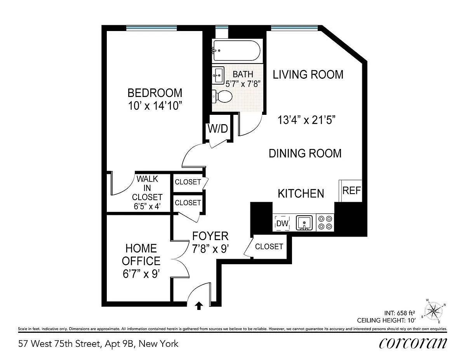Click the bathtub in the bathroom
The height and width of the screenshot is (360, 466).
pyautogui.click(x=237, y=51)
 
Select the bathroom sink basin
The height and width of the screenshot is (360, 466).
pyautogui.click(x=218, y=75)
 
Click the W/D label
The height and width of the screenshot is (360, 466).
pyautogui.click(x=218, y=129)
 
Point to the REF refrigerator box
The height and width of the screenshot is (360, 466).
pyautogui.click(x=350, y=190)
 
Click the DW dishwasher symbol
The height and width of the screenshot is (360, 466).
pyautogui.click(x=282, y=223)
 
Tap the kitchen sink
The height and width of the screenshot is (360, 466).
pyautogui.click(x=304, y=223)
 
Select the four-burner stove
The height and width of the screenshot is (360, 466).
pyautogui.click(x=325, y=223)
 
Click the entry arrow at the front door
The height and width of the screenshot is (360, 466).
pyautogui.click(x=199, y=306)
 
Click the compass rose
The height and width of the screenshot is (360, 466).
pyautogui.click(x=433, y=311)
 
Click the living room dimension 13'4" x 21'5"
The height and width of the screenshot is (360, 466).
pyautogui.click(x=306, y=120)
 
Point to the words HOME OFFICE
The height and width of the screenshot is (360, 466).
pyautogui.click(x=141, y=254)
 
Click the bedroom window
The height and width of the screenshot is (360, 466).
pyautogui.click(x=151, y=28)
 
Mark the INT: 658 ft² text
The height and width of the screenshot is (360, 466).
pyautogui.click(x=399, y=313)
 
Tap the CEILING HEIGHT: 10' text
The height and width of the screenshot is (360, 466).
pyautogui.click(x=386, y=320)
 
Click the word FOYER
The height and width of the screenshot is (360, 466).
pyautogui.click(x=210, y=236)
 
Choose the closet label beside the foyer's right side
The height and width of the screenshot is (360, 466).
pyautogui.click(x=269, y=247)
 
